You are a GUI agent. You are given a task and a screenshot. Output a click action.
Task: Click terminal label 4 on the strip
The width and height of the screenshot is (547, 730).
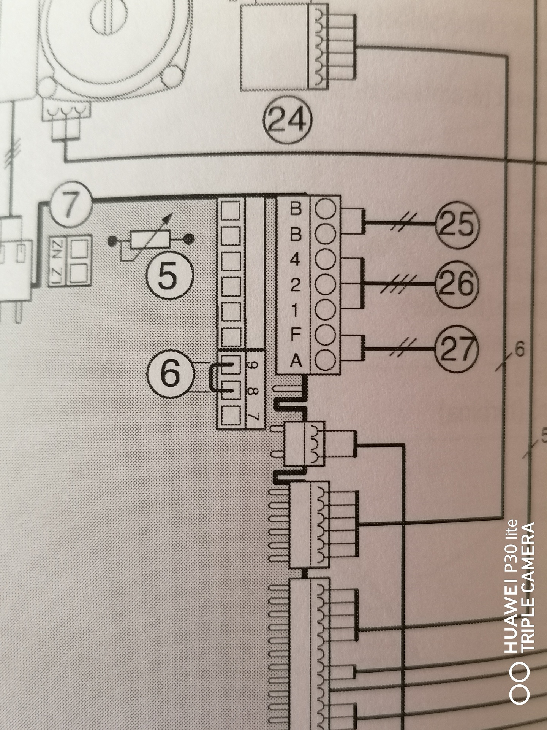tap(294, 260)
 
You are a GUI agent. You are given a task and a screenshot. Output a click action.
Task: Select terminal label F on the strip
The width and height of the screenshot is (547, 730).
tap(295, 335)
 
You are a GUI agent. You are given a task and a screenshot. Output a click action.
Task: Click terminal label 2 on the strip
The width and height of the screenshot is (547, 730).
tap(294, 286)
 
